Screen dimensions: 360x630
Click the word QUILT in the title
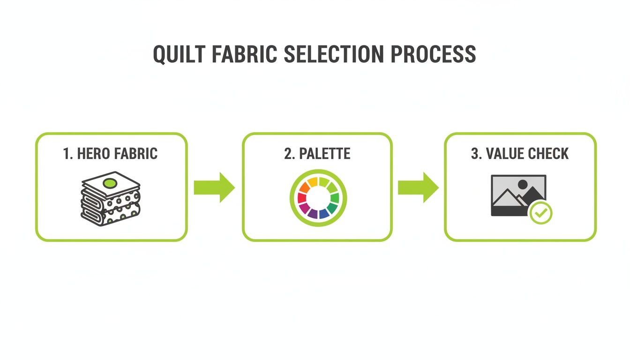click(x=179, y=54)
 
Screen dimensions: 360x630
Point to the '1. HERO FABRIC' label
click(x=111, y=153)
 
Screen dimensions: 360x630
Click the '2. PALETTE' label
click(x=317, y=153)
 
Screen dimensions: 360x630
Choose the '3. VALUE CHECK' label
click(x=520, y=153)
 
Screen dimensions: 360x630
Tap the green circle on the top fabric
click(x=109, y=183)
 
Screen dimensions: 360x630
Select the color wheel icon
click(x=318, y=197)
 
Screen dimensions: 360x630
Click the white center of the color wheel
click(x=318, y=197)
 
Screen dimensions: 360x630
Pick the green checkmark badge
click(x=541, y=213)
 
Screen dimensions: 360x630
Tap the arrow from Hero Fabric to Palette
click(x=214, y=187)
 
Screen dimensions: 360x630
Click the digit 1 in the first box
click(x=66, y=153)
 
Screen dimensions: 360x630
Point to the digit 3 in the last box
click(x=474, y=153)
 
